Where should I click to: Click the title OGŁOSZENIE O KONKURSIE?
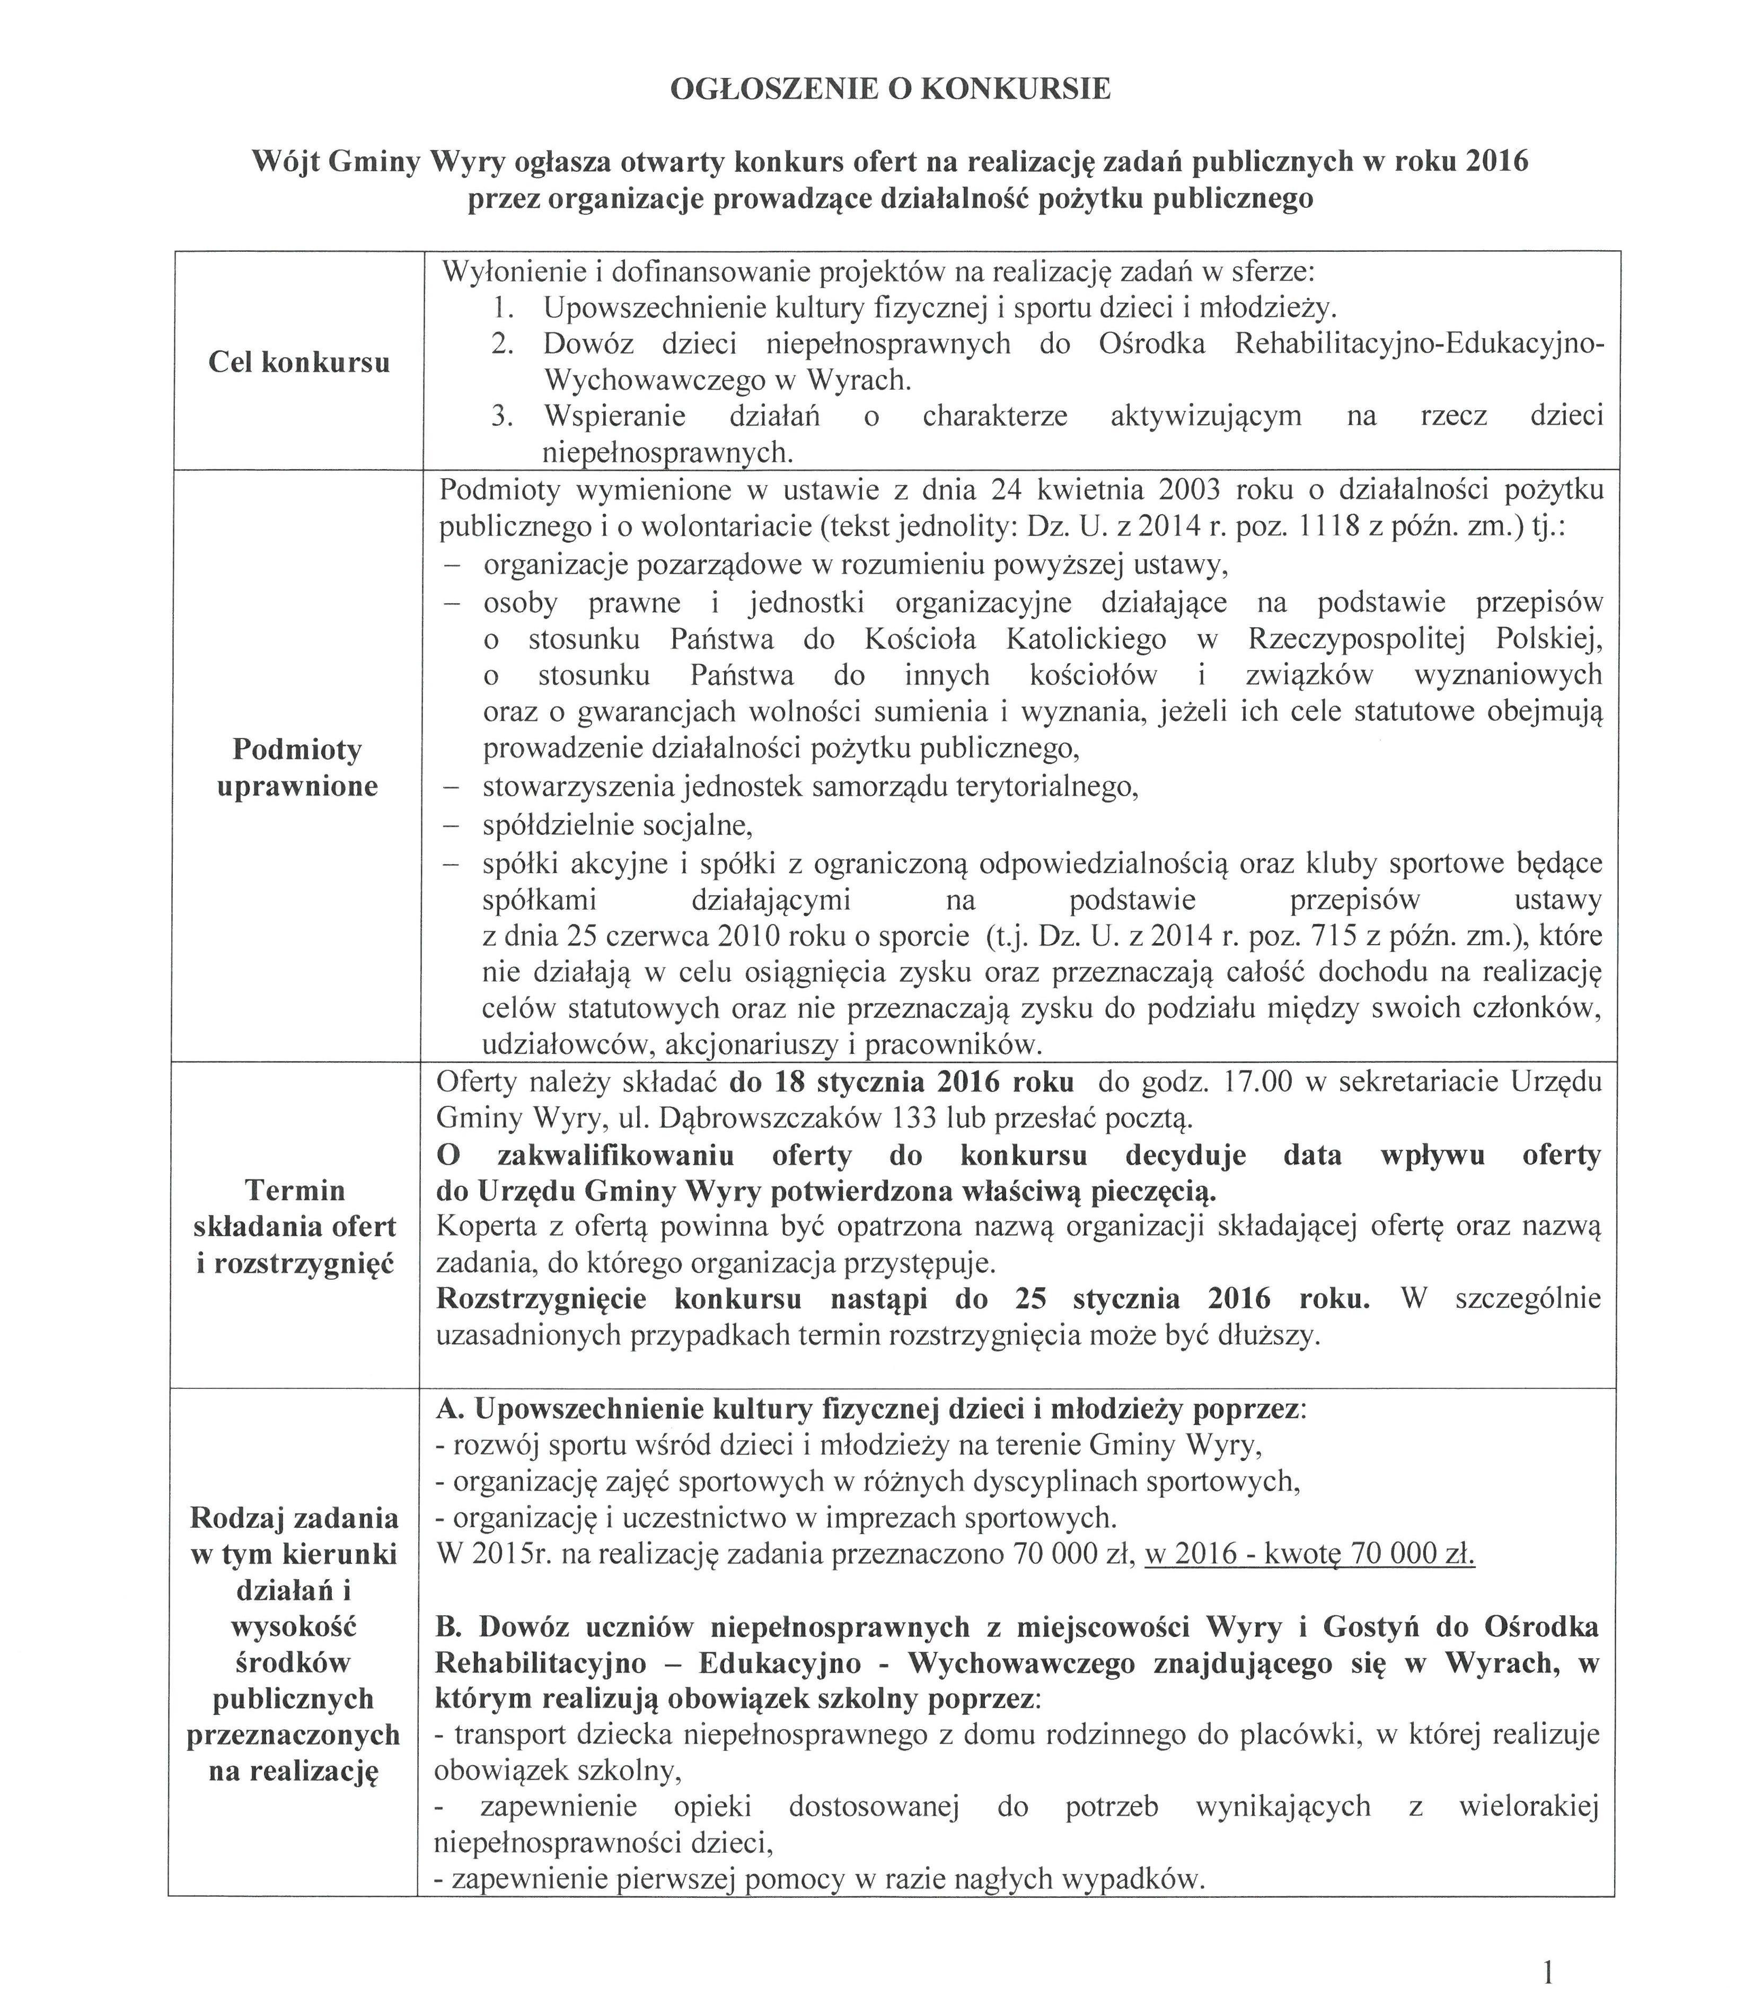pos(890,90)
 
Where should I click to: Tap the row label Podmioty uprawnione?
pos(297,769)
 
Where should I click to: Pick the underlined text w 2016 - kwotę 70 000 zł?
pos(1309,1554)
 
